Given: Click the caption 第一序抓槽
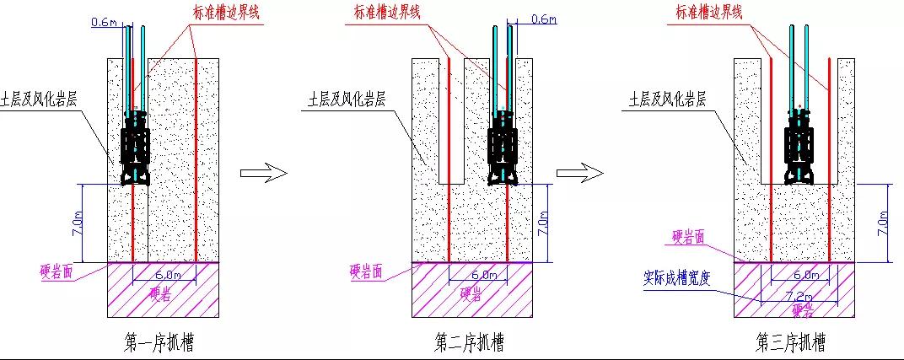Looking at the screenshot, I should pyautogui.click(x=159, y=342).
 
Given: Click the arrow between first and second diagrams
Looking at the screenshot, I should pyautogui.click(x=264, y=173).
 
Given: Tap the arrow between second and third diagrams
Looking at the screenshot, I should pyautogui.click(x=579, y=173).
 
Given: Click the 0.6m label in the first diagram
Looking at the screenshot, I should pyautogui.click(x=103, y=23).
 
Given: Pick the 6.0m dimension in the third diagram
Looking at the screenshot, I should pyautogui.click(x=805, y=274).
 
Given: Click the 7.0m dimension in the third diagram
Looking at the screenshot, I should pyautogui.click(x=882, y=223).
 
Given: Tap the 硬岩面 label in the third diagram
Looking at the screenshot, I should pyautogui.click(x=689, y=238).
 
